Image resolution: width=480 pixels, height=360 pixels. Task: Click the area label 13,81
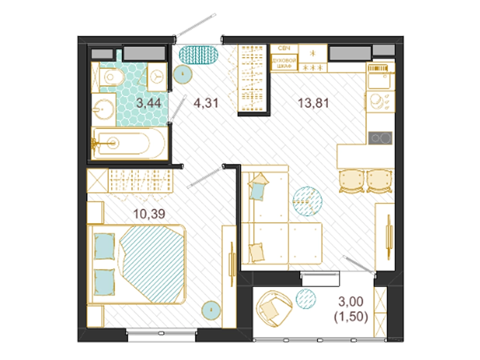click(313, 103)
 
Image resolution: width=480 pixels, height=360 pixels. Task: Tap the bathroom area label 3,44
click(149, 103)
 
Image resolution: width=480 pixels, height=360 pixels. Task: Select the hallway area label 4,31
click(206, 103)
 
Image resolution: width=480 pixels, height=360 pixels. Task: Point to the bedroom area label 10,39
click(149, 214)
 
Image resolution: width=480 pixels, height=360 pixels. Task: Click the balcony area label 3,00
click(351, 301)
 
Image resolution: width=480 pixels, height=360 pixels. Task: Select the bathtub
click(129, 143)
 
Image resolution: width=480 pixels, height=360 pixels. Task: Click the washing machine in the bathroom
click(157, 76)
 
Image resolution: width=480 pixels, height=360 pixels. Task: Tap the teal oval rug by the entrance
click(199, 55)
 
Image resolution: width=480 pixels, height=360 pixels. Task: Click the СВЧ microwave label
click(284, 48)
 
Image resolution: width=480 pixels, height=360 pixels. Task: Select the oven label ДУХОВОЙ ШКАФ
click(284, 63)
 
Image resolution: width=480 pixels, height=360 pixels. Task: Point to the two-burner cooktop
click(380, 138)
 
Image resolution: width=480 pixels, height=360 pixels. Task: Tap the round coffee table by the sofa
click(307, 202)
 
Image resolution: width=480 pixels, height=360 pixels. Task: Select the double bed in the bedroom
click(136, 265)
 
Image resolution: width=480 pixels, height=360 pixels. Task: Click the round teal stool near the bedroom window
click(211, 310)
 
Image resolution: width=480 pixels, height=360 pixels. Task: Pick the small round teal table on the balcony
click(306, 299)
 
